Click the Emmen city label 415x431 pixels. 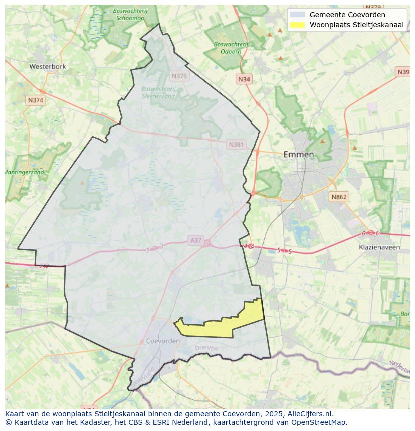[299, 154]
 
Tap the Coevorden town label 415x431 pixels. [163, 341]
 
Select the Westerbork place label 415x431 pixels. [48, 66]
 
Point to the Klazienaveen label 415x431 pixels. [379, 247]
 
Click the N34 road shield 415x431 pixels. [244, 79]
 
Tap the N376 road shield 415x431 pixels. [179, 76]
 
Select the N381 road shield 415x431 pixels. [236, 145]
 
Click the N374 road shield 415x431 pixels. [36, 100]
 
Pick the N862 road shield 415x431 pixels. [339, 197]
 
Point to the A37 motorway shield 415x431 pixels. [195, 240]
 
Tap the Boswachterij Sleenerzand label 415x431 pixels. [158, 92]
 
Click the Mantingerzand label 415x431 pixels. [25, 172]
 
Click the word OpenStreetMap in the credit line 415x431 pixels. [321, 422]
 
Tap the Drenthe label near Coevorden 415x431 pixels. [206, 348]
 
